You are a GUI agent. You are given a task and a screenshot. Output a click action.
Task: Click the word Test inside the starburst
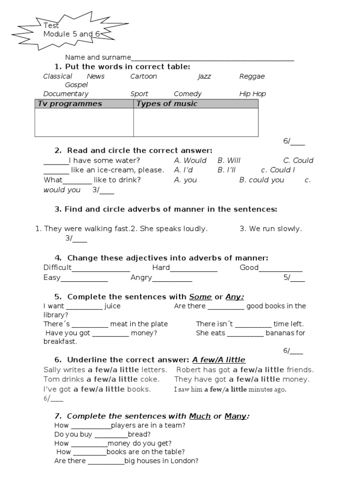pos(51,26)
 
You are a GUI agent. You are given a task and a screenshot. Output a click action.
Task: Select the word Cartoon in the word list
pos(143,76)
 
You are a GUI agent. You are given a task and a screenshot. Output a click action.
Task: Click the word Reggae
pos(252,76)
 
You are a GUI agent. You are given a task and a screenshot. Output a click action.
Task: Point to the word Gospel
pos(76,85)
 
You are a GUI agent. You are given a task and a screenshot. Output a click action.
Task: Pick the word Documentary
pos(66,94)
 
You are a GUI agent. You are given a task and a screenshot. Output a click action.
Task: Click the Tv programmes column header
pos(69,104)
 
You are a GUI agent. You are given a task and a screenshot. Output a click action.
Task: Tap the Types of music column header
pos(167,104)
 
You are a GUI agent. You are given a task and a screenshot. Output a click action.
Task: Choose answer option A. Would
pos(190,160)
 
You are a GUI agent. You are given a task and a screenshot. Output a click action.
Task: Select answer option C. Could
pos(298,160)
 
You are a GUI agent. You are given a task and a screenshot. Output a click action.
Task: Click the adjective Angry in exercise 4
pos(141,277)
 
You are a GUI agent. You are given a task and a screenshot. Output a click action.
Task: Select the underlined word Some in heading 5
pos(200,297)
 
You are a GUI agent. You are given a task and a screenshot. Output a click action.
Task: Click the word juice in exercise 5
pos(112,306)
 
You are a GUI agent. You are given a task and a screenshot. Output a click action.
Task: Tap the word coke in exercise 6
pos(150,379)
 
